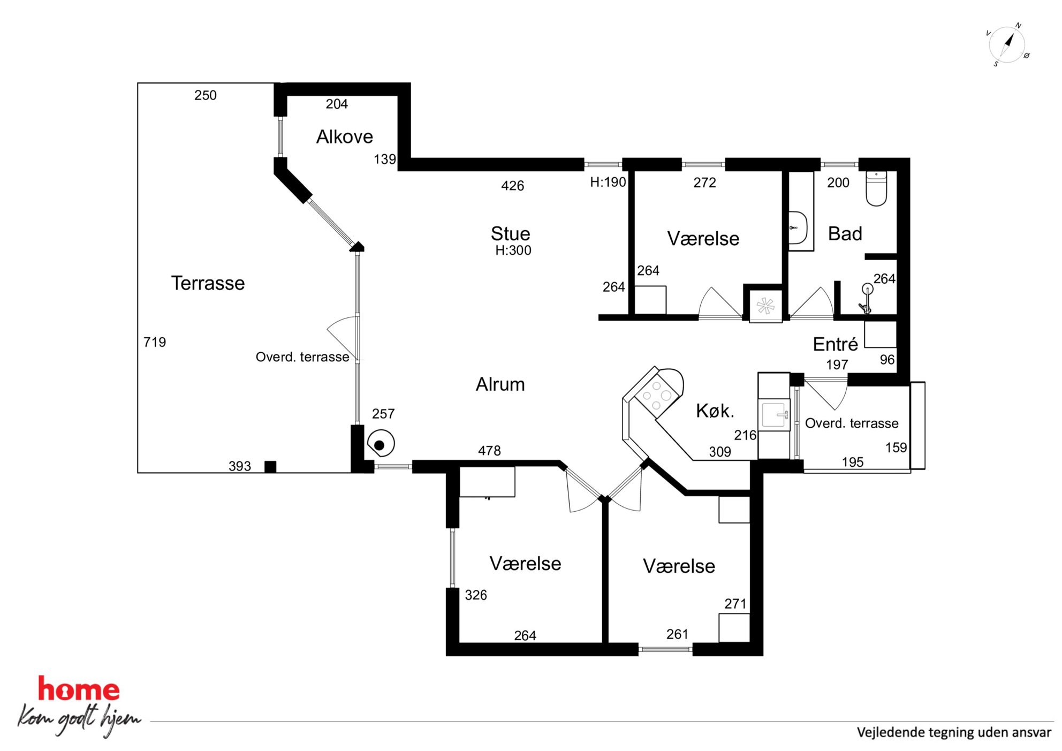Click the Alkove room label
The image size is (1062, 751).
coord(344,137)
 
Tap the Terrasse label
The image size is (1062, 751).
coord(208,283)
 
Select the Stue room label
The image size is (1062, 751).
coord(510,233)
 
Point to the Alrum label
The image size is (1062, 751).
coord(500,384)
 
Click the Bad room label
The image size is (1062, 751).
coord(845,233)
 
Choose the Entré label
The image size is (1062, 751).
coord(835,344)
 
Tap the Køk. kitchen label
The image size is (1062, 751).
coord(715,411)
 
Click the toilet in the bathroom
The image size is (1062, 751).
coord(876,188)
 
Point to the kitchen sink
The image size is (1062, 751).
coord(774,414)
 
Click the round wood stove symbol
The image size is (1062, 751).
coord(381,444)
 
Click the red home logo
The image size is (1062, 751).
coord(79,689)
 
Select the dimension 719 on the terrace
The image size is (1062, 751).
coord(155,342)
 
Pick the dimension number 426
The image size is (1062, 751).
coord(512,186)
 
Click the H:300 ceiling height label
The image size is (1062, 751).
coord(513,251)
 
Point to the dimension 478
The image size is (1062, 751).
coord(489,451)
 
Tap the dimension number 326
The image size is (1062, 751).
coord(476,595)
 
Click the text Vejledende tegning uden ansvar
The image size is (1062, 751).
coord(954,732)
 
